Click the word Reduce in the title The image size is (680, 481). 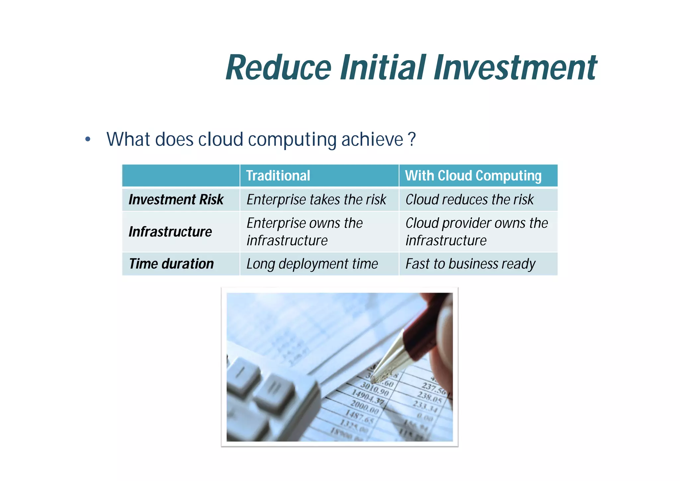click(x=278, y=68)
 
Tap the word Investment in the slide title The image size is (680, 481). click(x=515, y=68)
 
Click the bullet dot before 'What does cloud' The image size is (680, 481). click(x=88, y=139)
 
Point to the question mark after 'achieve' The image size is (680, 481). click(x=412, y=139)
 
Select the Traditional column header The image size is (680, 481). click(x=278, y=176)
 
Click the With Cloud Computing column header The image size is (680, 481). click(x=473, y=176)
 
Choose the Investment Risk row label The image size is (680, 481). click(x=176, y=199)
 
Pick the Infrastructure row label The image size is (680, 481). click(x=170, y=232)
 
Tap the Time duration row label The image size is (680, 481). click(x=171, y=264)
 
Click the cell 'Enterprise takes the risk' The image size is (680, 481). click(x=316, y=199)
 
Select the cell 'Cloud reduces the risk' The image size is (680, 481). click(x=469, y=199)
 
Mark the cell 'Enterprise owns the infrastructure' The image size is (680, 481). click(x=304, y=232)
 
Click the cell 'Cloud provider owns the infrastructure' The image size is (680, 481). click(x=476, y=232)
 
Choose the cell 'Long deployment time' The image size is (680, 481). click(x=312, y=264)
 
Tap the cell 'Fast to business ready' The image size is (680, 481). click(x=470, y=264)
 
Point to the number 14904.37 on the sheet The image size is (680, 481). click(x=367, y=398)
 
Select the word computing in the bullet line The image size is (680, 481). click(x=292, y=139)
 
